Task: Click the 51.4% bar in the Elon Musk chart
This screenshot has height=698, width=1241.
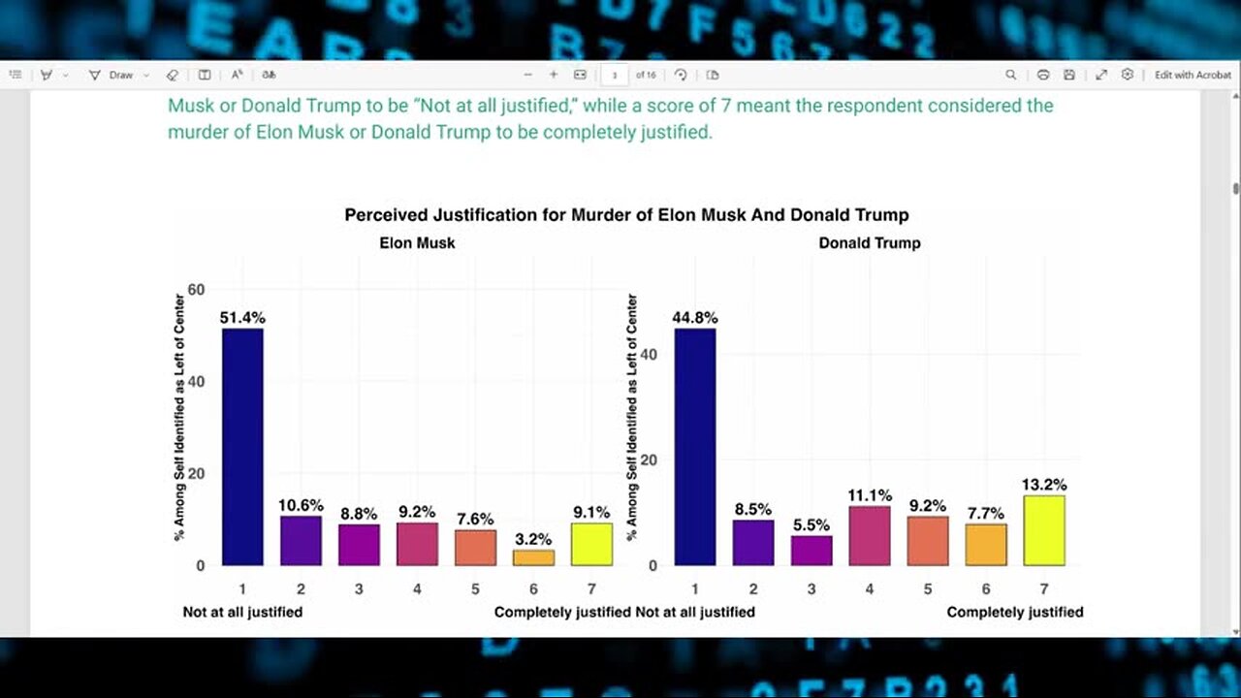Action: [242, 446]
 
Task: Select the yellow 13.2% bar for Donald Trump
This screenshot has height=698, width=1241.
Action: [1044, 530]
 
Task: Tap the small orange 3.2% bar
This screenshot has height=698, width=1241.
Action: [533, 557]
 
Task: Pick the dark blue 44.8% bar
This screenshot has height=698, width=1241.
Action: [695, 446]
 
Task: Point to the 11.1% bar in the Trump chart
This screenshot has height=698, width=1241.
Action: [870, 535]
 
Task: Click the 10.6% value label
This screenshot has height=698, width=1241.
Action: [301, 505]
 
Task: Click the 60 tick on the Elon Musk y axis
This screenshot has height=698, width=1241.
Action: [197, 289]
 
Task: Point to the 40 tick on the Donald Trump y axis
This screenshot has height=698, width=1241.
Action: [650, 355]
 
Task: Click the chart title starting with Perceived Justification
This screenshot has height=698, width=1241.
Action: [626, 215]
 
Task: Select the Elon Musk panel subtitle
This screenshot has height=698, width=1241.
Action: [417, 243]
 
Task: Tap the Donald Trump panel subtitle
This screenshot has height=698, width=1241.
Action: [870, 243]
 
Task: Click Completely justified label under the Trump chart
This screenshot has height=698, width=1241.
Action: [1015, 612]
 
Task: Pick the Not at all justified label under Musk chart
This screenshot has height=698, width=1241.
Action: [242, 612]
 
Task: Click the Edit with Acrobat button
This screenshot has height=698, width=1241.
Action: [1193, 75]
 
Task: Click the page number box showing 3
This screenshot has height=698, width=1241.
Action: [615, 75]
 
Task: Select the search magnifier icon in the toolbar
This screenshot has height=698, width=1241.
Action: [1010, 75]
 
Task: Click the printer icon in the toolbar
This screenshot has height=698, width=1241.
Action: [1043, 75]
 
